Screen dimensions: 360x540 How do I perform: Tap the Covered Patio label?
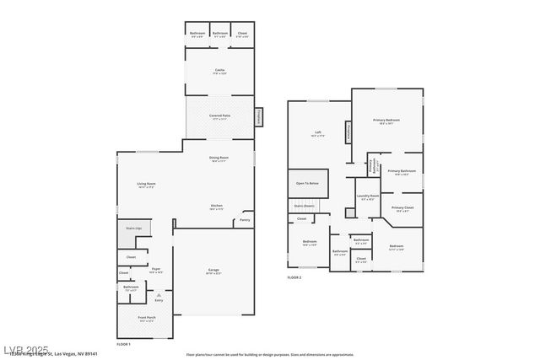(x=219, y=117)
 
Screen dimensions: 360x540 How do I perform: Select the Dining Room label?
(x=219, y=158)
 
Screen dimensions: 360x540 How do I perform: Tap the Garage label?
(x=213, y=270)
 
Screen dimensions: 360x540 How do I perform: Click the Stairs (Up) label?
(x=132, y=228)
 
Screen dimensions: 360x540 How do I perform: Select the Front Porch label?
(x=148, y=319)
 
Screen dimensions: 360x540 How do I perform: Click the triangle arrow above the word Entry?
(x=158, y=293)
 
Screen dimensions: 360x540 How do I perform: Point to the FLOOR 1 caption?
(x=124, y=344)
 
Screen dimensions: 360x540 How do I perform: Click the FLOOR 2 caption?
(x=294, y=277)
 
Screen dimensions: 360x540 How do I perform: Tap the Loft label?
(x=318, y=133)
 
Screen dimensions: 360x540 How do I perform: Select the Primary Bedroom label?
(x=386, y=121)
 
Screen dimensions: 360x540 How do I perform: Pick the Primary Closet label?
(x=402, y=207)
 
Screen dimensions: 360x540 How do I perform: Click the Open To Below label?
(x=307, y=183)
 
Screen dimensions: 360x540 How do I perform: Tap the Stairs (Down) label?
(x=304, y=205)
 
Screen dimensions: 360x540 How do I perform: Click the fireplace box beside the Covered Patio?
(x=260, y=116)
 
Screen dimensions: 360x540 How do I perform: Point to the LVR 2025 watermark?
(x=25, y=347)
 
